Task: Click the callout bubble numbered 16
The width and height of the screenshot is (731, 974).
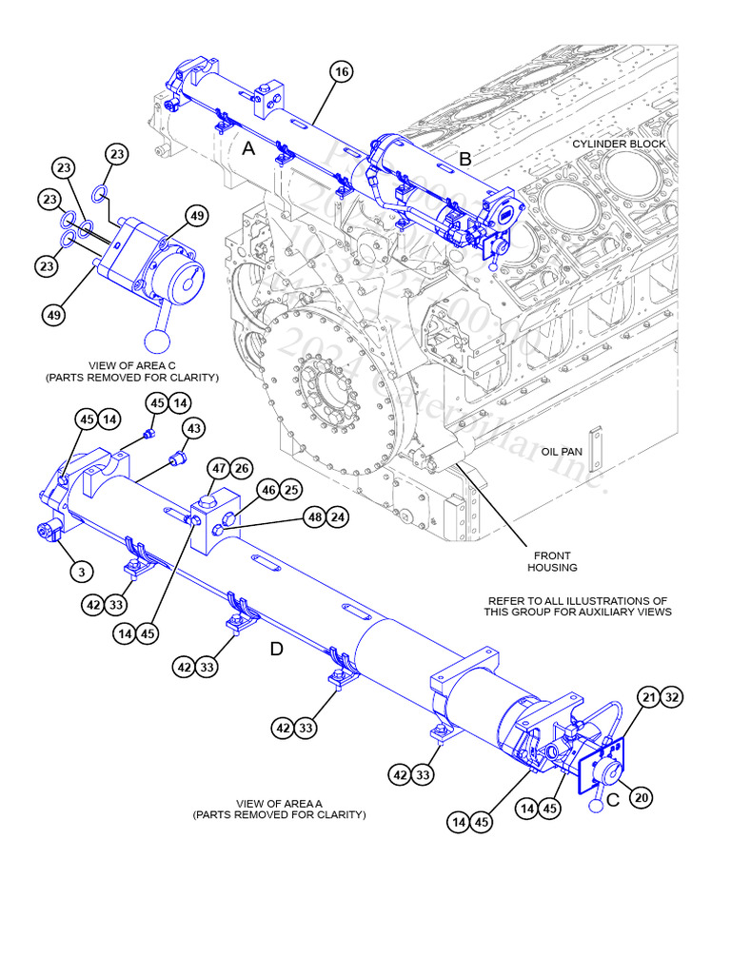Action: tap(342, 71)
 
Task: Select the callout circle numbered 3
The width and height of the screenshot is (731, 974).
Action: tap(82, 572)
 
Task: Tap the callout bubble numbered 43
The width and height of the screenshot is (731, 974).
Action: tap(193, 430)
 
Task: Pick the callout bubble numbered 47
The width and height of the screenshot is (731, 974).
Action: tap(219, 469)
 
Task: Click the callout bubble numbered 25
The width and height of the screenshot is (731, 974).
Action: tap(291, 490)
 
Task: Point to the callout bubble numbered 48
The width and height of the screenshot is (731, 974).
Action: tap(314, 517)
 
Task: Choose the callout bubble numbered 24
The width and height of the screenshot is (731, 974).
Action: tap(338, 517)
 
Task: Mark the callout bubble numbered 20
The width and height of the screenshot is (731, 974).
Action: tap(642, 797)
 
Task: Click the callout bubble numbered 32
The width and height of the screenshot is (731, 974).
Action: tap(672, 697)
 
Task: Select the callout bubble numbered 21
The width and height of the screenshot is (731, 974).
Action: tap(649, 697)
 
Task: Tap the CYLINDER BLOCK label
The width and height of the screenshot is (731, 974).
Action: tap(619, 144)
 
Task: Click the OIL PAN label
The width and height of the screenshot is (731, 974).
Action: tap(562, 451)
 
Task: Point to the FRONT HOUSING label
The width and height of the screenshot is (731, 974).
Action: tap(552, 561)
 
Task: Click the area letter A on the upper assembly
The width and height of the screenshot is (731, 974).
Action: tap(248, 148)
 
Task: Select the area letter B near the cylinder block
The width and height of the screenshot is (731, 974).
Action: tap(465, 159)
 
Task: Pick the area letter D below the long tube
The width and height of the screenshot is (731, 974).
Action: tap(276, 649)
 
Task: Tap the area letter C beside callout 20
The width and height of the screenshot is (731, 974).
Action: tap(613, 800)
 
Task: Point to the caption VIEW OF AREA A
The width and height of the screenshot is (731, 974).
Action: tap(279, 808)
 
